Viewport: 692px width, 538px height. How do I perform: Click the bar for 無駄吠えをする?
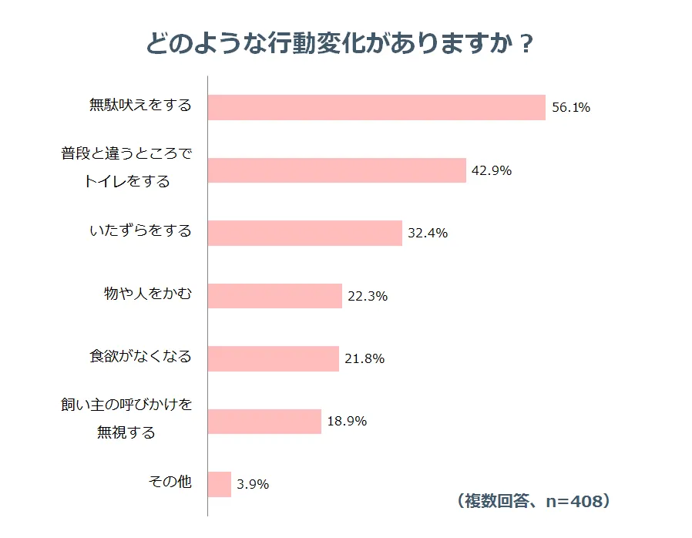[377, 107]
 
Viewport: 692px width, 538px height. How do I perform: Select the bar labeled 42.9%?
[338, 170]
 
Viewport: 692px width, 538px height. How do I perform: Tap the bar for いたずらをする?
[305, 233]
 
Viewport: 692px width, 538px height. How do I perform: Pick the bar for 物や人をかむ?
[275, 296]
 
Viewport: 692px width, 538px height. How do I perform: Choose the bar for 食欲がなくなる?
[274, 358]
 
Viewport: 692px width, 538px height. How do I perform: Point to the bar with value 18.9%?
[264, 422]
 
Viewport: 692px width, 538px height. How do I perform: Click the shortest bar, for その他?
[220, 484]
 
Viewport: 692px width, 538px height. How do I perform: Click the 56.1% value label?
[571, 108]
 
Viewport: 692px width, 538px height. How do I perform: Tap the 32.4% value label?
[428, 233]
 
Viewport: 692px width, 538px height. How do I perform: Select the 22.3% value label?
[368, 296]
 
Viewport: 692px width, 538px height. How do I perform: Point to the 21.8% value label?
[364, 358]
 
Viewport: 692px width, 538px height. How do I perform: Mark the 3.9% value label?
[253, 484]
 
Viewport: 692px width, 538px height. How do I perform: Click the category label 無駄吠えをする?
[140, 106]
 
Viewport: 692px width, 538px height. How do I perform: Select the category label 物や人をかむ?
[147, 294]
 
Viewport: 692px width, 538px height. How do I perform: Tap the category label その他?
[170, 482]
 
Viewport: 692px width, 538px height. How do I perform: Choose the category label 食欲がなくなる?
[140, 357]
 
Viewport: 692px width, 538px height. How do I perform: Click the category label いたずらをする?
[140, 230]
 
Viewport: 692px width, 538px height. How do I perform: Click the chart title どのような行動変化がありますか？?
[340, 44]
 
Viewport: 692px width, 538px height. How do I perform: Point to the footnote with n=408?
[533, 501]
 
